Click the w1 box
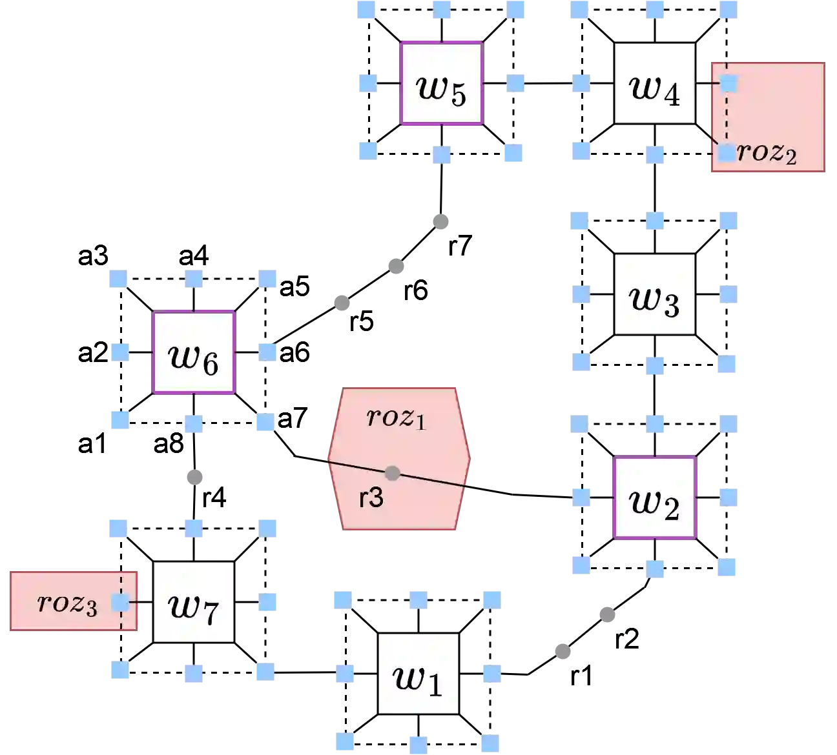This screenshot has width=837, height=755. point(418,674)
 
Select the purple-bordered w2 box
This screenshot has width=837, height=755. point(654,498)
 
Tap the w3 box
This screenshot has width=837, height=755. point(654,294)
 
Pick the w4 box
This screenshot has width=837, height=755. point(654,83)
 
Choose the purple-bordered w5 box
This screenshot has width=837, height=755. point(442,83)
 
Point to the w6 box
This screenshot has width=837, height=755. point(194,352)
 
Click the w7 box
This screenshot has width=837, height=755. point(194,602)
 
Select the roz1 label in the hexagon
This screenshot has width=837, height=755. point(396,418)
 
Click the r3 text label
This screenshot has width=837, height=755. point(371,498)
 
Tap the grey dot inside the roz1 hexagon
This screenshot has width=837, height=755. point(392,473)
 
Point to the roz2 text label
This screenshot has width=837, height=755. point(767,153)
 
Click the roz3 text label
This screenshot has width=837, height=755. point(68,603)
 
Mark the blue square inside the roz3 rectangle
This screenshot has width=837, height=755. point(119,603)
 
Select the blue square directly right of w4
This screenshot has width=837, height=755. point(728,83)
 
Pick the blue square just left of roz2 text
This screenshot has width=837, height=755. point(727,153)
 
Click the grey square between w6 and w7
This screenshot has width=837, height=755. point(196,478)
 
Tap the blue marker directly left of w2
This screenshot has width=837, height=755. point(581,498)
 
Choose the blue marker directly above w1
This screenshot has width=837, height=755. point(418,600)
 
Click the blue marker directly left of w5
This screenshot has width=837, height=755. point(367,83)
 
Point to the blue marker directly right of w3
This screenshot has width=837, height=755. point(728,295)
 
